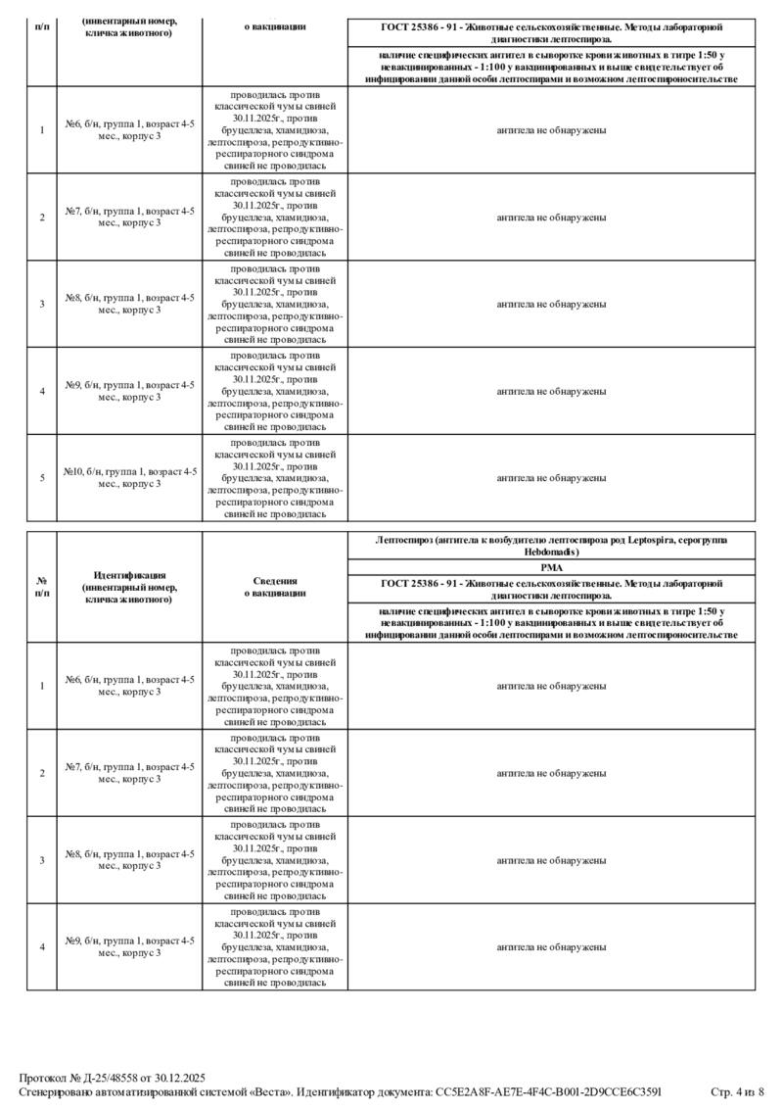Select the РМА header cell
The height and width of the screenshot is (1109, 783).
tap(551, 566)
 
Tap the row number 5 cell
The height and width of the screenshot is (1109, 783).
tap(42, 478)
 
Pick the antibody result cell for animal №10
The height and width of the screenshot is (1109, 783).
tap(551, 478)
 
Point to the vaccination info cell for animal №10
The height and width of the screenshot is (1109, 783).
tap(275, 478)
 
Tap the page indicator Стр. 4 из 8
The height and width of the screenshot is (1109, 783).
tap(737, 1090)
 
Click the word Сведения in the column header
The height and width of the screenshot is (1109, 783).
tap(275, 580)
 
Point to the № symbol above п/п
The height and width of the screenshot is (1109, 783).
tap(42, 580)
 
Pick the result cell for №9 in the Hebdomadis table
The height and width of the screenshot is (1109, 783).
tap(551, 947)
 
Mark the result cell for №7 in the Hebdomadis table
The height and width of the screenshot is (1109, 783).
tap(551, 773)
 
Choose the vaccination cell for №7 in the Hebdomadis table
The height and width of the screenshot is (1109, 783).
tap(275, 773)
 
